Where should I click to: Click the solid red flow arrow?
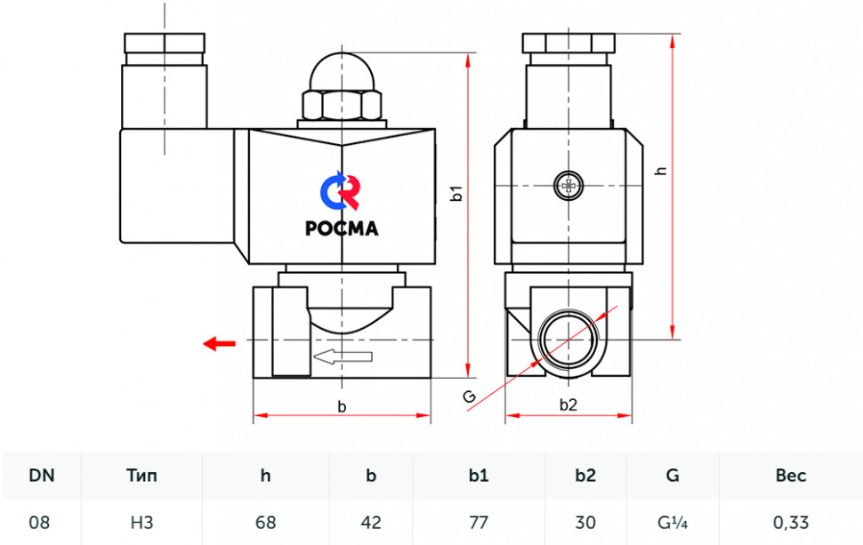(219, 344)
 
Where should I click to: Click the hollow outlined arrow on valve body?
(343, 357)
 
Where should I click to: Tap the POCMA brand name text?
(342, 228)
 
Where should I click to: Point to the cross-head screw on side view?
(569, 186)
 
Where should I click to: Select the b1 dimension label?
(456, 193)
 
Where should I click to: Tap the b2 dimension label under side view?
(568, 405)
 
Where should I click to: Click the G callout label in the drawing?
(469, 396)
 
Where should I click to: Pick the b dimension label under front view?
(342, 407)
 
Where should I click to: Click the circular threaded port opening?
(569, 339)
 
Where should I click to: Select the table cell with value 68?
(265, 522)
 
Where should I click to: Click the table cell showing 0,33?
(790, 522)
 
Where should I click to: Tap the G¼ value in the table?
(673, 522)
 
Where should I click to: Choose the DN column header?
(41, 475)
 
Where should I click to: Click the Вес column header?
(790, 475)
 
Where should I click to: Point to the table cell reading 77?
(479, 522)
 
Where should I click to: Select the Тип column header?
(141, 475)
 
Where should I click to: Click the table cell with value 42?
(371, 522)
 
